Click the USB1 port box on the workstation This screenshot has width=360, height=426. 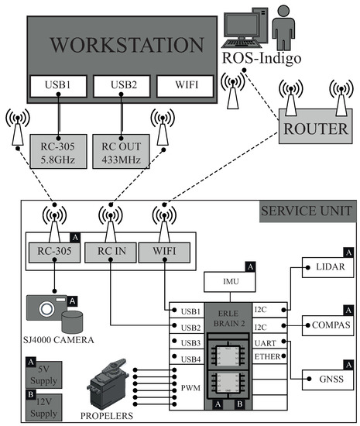58,86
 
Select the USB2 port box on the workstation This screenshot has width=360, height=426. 122,86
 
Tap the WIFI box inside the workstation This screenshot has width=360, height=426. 185,86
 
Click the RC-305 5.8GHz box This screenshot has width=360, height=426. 58,151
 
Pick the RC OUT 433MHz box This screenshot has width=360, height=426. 121,151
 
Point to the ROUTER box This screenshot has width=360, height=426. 316,126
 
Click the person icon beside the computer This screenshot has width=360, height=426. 283,29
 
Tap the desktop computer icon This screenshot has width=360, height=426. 245,27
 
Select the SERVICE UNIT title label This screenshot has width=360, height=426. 307,211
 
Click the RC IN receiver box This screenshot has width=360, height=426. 111,253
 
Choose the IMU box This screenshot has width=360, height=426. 230,282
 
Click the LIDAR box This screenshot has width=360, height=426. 328,267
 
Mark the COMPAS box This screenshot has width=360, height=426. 328,325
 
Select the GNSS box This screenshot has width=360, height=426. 328,380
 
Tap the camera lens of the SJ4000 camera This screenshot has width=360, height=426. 46,309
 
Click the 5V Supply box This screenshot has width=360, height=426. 43,375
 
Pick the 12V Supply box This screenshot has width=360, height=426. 43,407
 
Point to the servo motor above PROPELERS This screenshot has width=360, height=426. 108,385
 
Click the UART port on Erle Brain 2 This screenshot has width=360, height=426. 269,342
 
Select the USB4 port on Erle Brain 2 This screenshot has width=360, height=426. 187,357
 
